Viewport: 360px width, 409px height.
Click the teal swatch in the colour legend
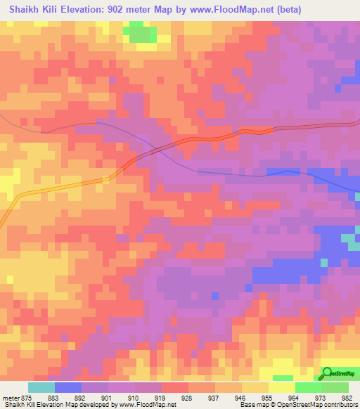coord(41,387)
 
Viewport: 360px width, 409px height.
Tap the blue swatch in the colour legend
coord(69,387)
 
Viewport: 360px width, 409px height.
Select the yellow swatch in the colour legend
coord(281,387)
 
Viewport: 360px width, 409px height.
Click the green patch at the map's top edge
coord(141,32)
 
